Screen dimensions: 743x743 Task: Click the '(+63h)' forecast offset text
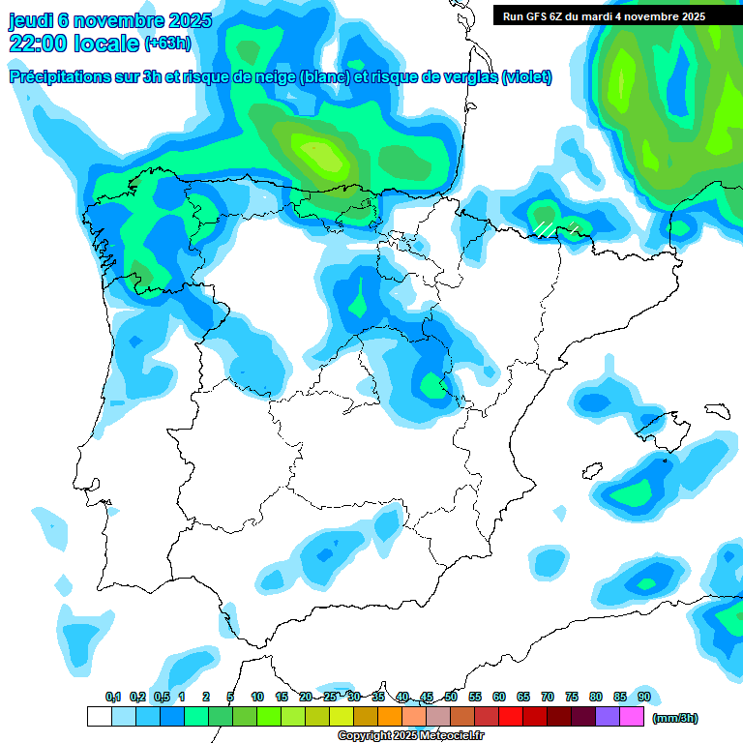167,44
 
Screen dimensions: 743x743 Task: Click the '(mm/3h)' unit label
674,718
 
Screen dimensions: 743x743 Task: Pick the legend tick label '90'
644,697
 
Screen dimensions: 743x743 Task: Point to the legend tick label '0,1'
113,697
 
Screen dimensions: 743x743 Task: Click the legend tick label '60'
499,697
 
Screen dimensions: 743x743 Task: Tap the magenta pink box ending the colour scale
632,716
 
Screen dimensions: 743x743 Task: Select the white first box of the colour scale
99,716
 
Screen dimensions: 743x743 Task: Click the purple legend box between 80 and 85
608,716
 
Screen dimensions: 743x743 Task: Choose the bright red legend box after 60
511,716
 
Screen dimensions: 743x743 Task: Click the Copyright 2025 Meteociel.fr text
410,736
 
